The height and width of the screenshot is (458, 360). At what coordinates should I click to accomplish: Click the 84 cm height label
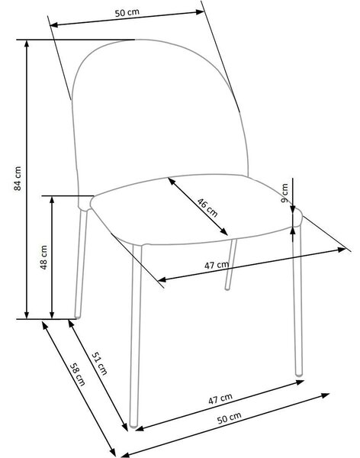[18, 179]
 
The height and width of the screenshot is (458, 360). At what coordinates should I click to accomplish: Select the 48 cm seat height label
[43, 257]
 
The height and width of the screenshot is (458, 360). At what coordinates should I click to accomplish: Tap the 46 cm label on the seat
[207, 208]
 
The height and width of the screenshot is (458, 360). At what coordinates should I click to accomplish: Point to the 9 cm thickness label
[284, 193]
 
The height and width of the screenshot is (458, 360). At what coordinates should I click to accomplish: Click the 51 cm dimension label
[100, 363]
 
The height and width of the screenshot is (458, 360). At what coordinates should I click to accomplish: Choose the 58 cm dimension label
[78, 374]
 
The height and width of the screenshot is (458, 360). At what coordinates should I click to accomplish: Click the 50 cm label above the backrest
[127, 13]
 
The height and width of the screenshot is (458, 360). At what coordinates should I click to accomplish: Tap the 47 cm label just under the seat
[217, 265]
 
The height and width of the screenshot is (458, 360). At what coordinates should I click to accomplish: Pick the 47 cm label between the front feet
[220, 398]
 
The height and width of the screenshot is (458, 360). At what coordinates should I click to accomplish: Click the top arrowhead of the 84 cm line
[27, 44]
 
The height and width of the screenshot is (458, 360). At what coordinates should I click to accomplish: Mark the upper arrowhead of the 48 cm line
[52, 200]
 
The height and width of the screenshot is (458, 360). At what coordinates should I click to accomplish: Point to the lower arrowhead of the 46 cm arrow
[224, 232]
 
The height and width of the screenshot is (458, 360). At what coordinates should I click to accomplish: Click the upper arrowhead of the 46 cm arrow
[172, 181]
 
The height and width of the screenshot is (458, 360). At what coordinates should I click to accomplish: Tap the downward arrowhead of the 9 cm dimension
[293, 209]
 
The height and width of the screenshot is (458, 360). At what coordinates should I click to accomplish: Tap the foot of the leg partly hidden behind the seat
[227, 288]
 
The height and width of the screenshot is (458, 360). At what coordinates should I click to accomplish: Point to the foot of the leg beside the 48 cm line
[77, 315]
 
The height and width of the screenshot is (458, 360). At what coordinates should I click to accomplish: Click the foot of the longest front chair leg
[133, 425]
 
